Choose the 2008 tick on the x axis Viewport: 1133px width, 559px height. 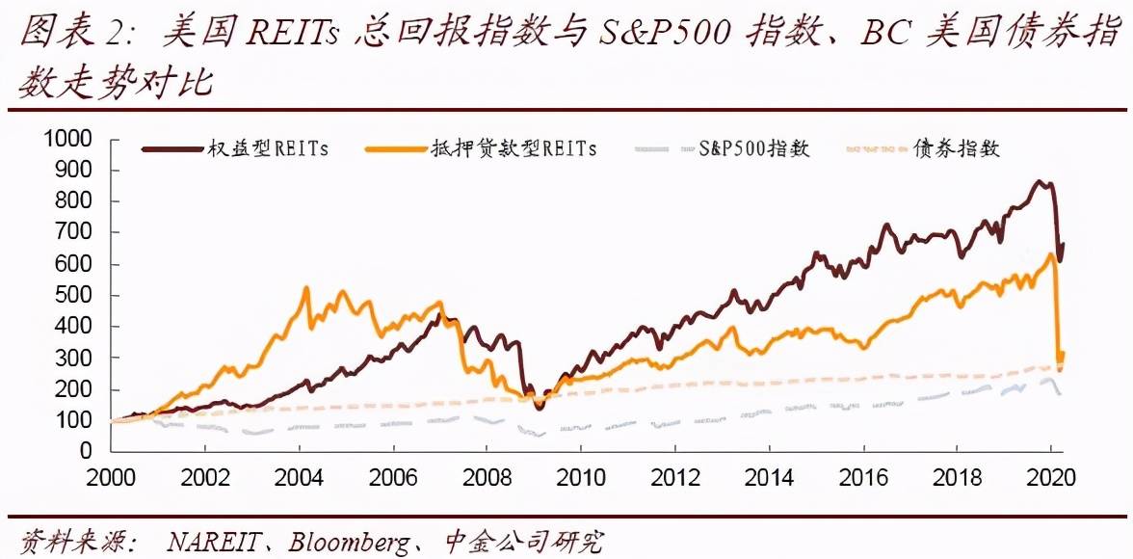tap(486, 477)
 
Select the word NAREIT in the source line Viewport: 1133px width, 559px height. tap(211, 542)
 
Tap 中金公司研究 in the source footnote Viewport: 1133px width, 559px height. tap(525, 542)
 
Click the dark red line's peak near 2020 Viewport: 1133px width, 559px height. tap(1038, 181)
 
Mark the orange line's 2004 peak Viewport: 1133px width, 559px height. tap(306, 287)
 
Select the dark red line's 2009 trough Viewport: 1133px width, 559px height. tap(540, 408)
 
